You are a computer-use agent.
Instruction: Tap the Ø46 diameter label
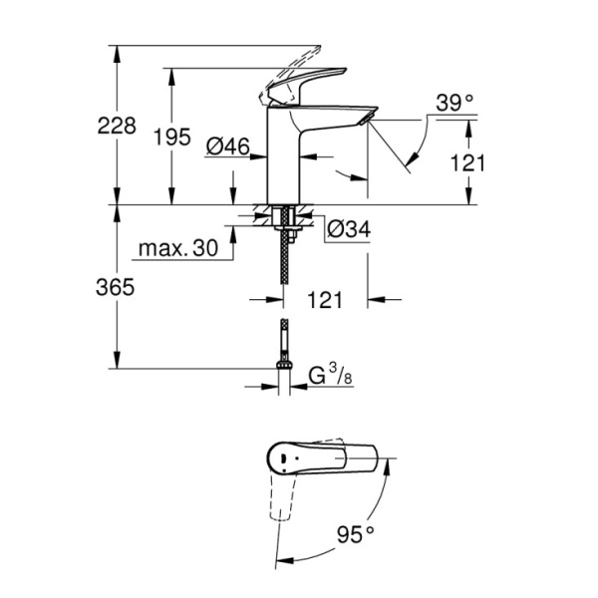point(227,147)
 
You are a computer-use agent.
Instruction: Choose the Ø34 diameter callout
point(347,230)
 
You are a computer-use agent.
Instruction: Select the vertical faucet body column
point(284,159)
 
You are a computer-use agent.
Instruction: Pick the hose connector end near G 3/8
point(285,371)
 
